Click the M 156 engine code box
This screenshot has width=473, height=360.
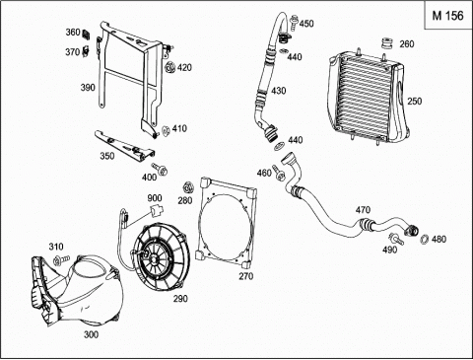(447, 16)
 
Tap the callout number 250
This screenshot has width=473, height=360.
(415, 102)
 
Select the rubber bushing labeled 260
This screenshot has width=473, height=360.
(387, 43)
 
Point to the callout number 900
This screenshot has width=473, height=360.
(155, 198)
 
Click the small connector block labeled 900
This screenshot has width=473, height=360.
(156, 210)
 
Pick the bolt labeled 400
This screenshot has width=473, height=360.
(160, 169)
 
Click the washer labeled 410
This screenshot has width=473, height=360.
(165, 130)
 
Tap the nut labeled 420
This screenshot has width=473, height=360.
(170, 68)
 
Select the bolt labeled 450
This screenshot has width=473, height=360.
(294, 23)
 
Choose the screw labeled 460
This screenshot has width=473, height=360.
(278, 173)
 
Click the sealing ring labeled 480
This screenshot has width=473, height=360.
(425, 239)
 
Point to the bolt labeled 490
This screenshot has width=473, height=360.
(396, 238)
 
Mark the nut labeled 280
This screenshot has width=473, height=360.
(187, 187)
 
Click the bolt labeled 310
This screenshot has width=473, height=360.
(61, 260)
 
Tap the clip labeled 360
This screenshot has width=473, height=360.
(87, 34)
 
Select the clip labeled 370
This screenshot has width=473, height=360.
(86, 50)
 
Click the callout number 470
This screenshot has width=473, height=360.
(363, 210)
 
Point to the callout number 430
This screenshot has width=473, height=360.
(279, 91)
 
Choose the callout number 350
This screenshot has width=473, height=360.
(107, 156)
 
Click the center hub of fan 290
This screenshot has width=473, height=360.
(154, 256)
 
